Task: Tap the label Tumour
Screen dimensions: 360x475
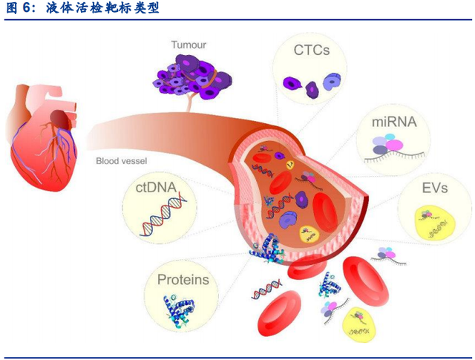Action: [189, 45]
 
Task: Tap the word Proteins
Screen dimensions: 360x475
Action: [183, 280]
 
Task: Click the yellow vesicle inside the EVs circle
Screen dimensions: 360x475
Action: [431, 223]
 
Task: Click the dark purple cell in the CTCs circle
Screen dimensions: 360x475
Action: [311, 89]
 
